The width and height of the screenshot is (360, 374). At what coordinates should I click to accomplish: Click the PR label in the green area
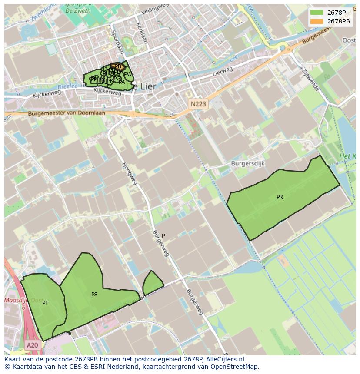(280, 197)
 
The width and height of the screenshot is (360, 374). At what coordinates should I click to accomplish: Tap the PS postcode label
(94, 295)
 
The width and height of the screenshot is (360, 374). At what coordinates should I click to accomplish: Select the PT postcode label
(45, 303)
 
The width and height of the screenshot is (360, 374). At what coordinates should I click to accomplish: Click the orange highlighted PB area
(117, 66)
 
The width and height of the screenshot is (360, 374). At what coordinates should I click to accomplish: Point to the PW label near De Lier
(128, 74)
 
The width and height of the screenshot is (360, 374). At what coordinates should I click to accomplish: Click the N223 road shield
(198, 104)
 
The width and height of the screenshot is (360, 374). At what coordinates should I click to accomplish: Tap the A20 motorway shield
(32, 345)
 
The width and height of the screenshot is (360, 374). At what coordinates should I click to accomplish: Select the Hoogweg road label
(130, 173)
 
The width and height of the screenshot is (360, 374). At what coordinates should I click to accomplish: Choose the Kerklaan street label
(142, 33)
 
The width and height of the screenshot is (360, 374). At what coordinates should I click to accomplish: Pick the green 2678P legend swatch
(317, 12)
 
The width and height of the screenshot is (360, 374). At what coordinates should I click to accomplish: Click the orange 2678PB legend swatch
(317, 21)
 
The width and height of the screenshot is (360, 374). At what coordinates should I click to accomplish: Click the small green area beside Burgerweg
(152, 283)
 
